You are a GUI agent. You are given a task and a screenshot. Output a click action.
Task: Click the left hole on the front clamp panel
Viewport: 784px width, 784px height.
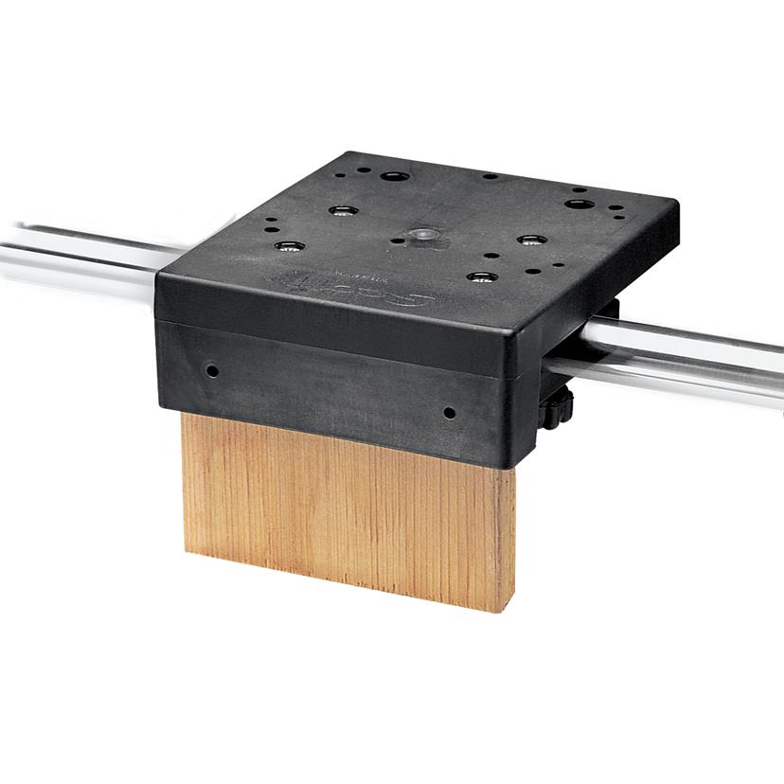pos(212,368)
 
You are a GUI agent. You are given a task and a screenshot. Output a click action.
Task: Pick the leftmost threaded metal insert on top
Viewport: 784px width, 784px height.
pos(283,247)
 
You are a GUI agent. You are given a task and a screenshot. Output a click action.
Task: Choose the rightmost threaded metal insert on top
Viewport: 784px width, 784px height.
pos(531,241)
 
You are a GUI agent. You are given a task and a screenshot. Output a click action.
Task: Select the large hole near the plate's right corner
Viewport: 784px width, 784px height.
pos(577,204)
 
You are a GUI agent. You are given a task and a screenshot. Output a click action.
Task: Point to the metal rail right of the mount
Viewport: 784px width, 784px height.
pos(691,353)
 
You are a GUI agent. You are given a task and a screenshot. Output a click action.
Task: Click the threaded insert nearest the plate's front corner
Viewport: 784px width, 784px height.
pos(483,277)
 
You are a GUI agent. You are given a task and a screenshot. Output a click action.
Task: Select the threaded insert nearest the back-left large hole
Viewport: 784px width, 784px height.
pos(340,210)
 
